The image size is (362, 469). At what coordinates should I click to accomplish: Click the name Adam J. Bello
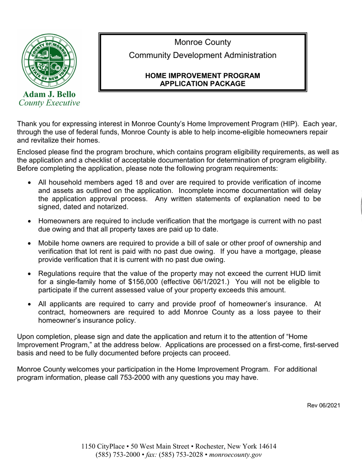coord(50,94)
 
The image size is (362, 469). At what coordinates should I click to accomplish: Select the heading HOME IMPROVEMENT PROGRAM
coord(203,75)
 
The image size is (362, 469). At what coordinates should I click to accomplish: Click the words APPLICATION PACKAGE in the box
coord(203,84)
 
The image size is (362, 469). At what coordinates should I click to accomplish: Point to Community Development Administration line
coord(203,55)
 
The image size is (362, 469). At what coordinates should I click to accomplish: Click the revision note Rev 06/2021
coord(324,406)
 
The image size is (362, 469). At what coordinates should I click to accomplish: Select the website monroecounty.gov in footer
coord(235,455)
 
